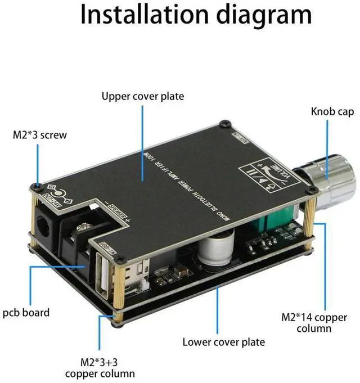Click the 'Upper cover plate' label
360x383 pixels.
(x=143, y=96)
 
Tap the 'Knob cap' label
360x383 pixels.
(x=332, y=111)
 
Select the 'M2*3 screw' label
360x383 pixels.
(x=39, y=136)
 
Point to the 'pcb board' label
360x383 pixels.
(x=27, y=312)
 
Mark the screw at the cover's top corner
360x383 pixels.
(x=225, y=123)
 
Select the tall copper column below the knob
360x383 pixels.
(x=309, y=223)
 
